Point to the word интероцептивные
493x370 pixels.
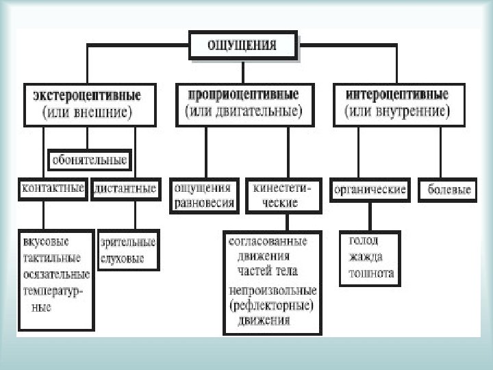point(398,94)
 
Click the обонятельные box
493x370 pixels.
point(90,161)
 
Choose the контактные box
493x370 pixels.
point(53,188)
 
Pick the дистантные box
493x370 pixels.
point(124,188)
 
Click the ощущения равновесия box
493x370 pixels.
point(205,195)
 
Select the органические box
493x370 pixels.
point(370,190)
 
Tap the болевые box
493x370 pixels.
point(450,190)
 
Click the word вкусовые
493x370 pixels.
point(46,242)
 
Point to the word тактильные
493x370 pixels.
point(51,258)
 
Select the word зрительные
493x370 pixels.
point(128,242)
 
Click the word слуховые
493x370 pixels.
point(123,259)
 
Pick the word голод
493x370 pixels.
point(364,241)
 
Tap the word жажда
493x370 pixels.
point(366,257)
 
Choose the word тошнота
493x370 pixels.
point(371,273)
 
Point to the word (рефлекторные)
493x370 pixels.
point(272,304)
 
